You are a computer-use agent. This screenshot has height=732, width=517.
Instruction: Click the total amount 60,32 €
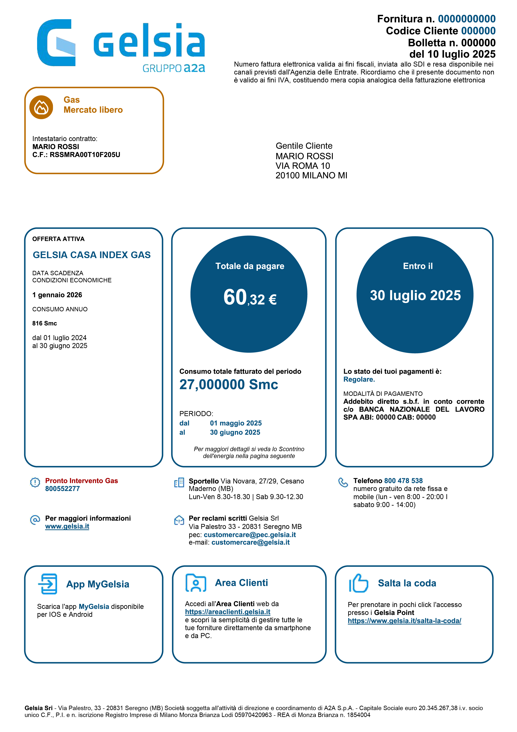tap(250, 298)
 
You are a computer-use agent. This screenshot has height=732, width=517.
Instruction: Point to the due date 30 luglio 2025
tap(415, 295)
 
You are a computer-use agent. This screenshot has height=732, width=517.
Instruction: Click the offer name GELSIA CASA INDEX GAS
tap(92, 255)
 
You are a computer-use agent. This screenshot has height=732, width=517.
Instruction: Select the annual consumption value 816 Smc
tap(45, 323)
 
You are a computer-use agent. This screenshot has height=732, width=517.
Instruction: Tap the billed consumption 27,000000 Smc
tap(229, 385)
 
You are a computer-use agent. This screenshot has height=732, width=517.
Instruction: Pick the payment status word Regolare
tap(359, 379)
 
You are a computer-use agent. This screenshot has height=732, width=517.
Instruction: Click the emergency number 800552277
tap(62, 489)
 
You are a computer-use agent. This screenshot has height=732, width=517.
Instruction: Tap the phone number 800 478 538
tap(403, 481)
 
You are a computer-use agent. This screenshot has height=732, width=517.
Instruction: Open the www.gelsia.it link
tap(67, 526)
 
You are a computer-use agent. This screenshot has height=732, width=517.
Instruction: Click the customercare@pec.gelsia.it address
tap(250, 535)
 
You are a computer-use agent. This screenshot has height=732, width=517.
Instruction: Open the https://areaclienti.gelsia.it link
tap(228, 612)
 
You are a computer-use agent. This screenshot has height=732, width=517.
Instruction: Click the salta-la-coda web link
tap(404, 621)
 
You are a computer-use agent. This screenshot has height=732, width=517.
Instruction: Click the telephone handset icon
tap(343, 482)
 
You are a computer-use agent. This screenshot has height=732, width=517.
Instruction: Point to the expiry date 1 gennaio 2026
tap(57, 295)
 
